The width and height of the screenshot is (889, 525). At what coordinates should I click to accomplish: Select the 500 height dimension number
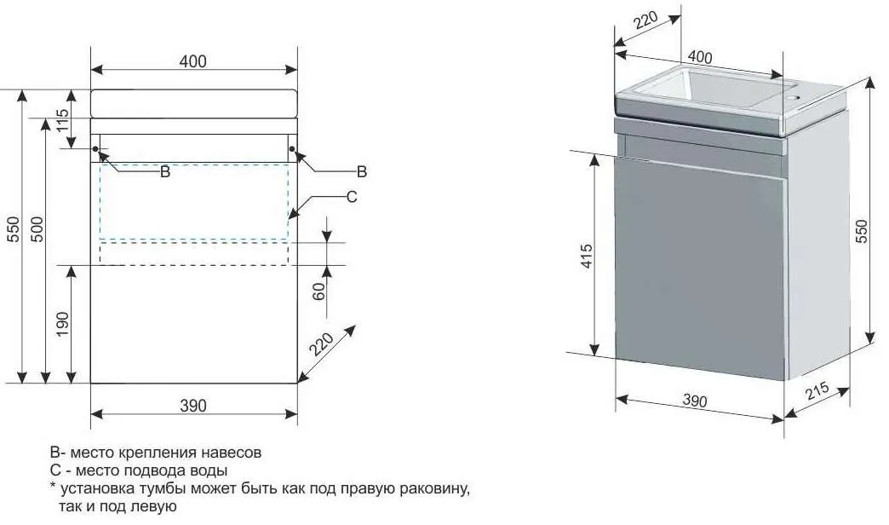point(37,228)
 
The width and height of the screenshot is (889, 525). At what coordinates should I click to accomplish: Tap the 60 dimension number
point(320,291)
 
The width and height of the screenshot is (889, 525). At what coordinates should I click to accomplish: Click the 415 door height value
point(587,256)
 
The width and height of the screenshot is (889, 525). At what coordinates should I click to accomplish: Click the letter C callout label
point(351,197)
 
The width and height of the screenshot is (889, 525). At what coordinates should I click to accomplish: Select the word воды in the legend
point(212,470)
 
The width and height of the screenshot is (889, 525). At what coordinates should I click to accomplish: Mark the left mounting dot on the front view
point(95,151)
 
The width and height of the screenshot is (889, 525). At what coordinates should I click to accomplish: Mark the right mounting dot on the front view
point(292,151)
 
